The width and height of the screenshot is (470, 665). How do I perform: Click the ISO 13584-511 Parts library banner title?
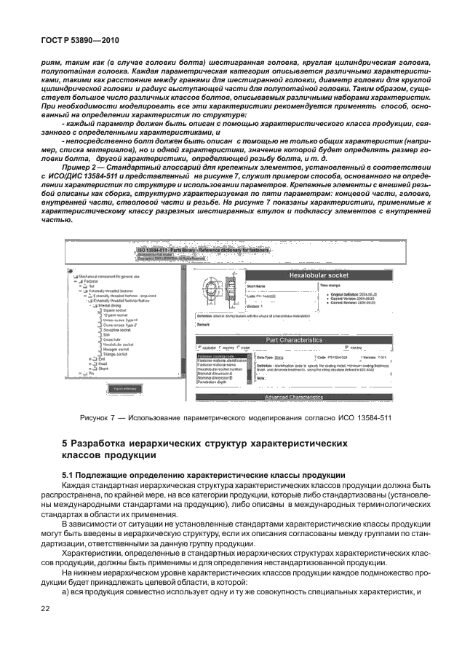click(x=204, y=251)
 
